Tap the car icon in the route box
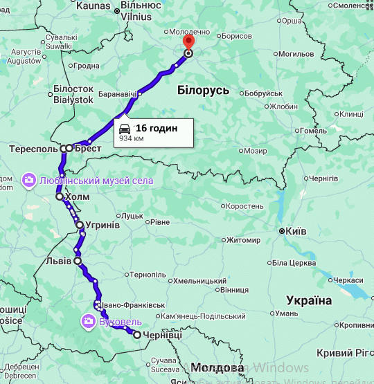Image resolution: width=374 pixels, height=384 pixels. tap(125, 129)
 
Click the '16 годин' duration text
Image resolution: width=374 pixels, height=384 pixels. tap(156, 128)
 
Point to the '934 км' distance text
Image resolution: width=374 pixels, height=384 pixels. tap(131, 138)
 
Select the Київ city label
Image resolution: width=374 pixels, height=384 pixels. tap(296, 231)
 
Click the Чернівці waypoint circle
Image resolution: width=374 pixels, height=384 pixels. tap(137, 335)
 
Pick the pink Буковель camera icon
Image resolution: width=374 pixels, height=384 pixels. tap(89, 321)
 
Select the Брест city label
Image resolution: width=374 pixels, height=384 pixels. tap(88, 148)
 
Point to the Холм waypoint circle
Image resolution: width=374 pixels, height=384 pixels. tap(60, 197)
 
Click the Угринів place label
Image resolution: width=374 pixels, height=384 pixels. tap(103, 226)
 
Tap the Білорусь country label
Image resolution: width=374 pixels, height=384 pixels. tap(203, 89)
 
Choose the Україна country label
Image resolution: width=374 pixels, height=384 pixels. tap(309, 300)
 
